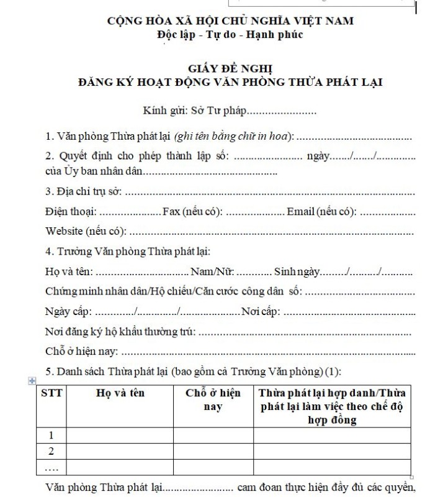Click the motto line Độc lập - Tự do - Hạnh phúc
point(230,35)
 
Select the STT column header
point(51,393)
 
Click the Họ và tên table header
point(120,393)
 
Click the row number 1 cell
point(51,435)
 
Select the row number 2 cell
point(51,451)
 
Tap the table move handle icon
point(32,381)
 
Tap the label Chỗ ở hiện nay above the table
point(81,351)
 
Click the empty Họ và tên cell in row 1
point(120,435)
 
